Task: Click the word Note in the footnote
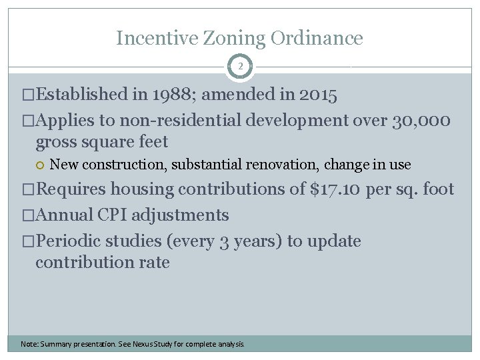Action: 29,344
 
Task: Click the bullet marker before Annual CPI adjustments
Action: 27,215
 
